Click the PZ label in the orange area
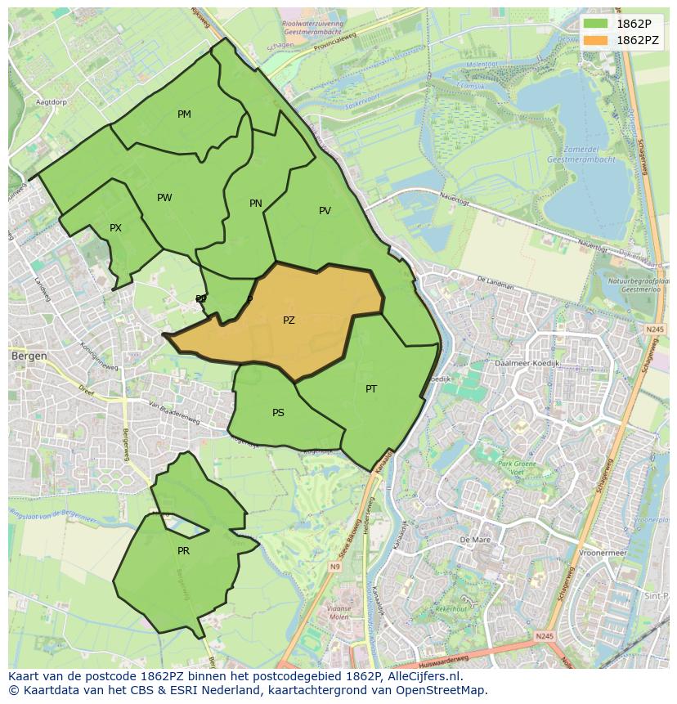point(289,321)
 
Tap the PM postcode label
point(184,114)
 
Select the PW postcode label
point(164,198)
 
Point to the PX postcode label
point(115,228)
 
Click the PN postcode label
point(256,204)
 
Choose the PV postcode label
point(325,211)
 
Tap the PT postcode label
point(371,389)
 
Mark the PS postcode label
point(278,413)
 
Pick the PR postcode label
point(183,551)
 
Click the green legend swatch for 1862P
point(596,24)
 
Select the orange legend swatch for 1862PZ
point(596,40)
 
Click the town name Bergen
point(29,356)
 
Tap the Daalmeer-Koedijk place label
point(527,362)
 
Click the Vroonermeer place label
point(602,553)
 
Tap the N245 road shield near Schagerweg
point(654,329)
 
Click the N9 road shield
point(335,567)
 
